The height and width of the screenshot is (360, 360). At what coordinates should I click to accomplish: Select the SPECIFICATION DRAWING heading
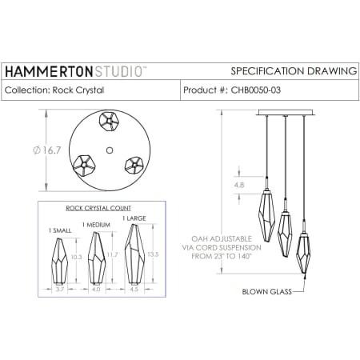pos(293,71)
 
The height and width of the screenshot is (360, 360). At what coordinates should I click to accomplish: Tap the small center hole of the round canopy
pos(109,150)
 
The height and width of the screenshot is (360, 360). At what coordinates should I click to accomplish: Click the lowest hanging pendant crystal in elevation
pos(304,254)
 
